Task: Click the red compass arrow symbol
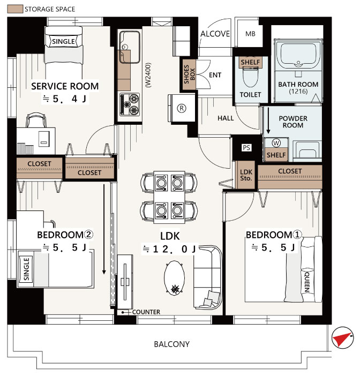[342, 338]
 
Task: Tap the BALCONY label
[172, 344]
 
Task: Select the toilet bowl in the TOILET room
[250, 77]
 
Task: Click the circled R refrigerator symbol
[182, 108]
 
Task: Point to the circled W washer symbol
[276, 143]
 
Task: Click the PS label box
[246, 147]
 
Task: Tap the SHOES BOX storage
[189, 74]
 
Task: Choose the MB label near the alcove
[250, 34]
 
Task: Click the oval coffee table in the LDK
[174, 278]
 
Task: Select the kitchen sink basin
[130, 47]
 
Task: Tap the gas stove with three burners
[130, 104]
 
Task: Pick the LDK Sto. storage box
[246, 175]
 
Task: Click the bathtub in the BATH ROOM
[298, 54]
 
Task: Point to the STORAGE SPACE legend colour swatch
[15, 9]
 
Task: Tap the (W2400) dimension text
[148, 75]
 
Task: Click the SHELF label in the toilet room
[250, 62]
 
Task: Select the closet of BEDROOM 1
[290, 177]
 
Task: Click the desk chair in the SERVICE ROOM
[36, 120]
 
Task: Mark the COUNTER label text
[146, 312]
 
